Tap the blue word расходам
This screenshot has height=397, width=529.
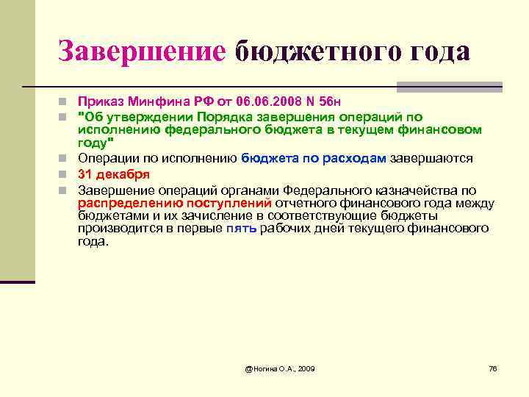[x=356, y=158]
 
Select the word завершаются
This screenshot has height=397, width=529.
[x=431, y=158]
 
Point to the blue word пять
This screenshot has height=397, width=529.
[x=241, y=229]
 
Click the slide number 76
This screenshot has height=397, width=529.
[x=493, y=368]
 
